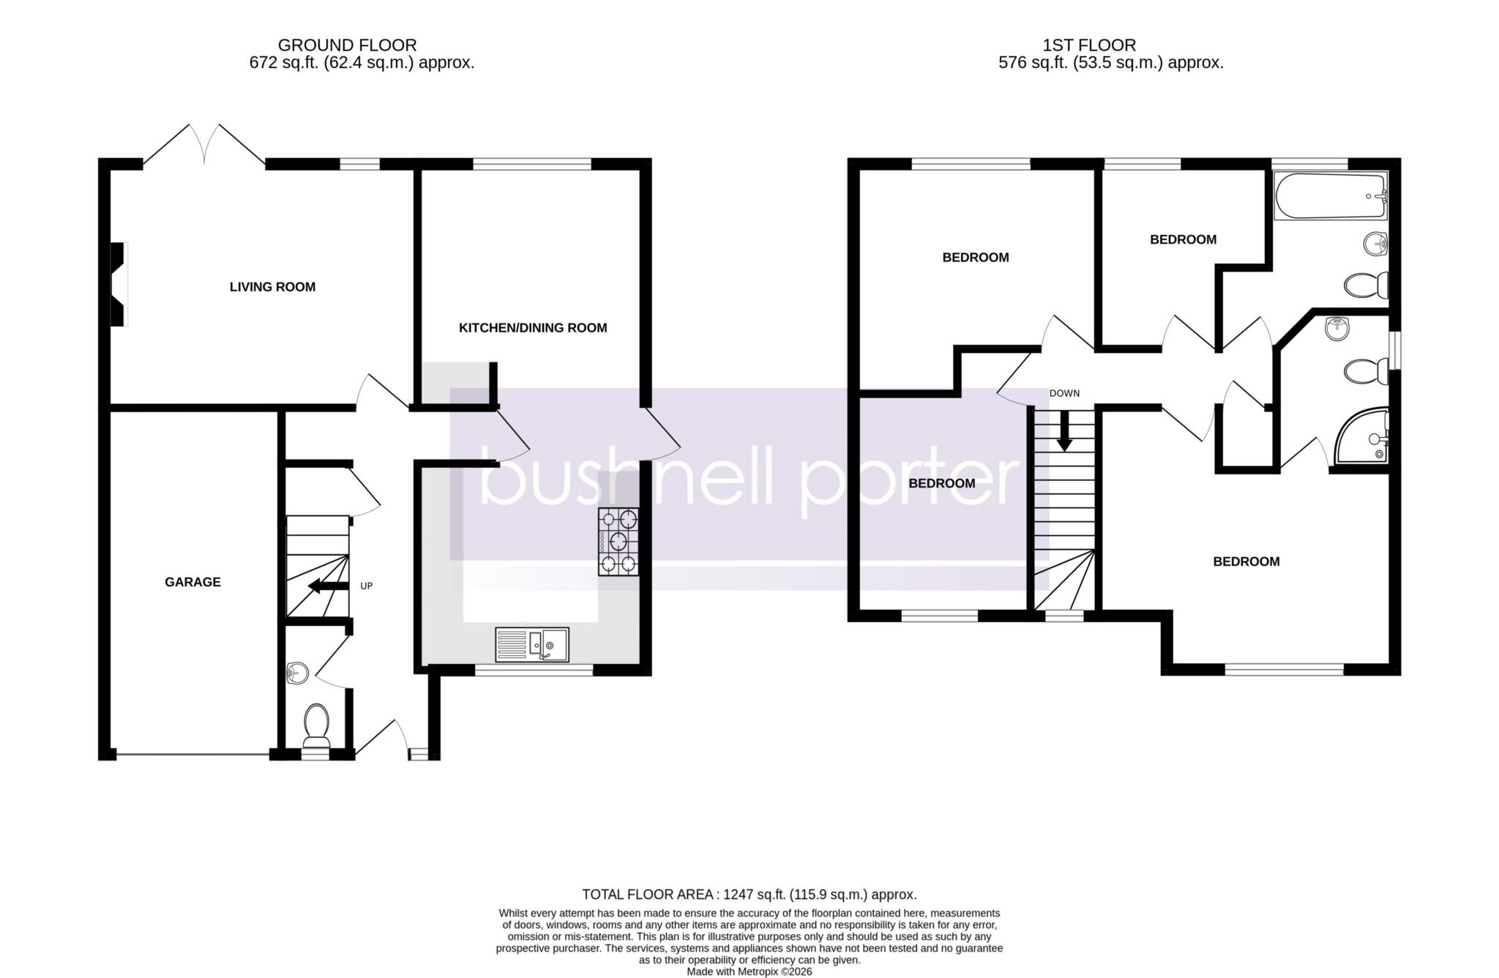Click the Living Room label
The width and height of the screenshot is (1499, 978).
coord(272,287)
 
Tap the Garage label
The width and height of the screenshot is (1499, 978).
coord(192,582)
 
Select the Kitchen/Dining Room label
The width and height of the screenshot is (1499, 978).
coord(533,328)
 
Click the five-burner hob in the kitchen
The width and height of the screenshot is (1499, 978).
coord(618,542)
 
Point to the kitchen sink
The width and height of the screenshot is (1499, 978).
coord(532,645)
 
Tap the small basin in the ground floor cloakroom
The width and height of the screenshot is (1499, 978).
coord(296,671)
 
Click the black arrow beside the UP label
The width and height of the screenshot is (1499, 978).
coord(328,586)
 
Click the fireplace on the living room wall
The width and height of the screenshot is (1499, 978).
coord(119,284)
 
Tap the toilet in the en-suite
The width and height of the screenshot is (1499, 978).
coord(1366,370)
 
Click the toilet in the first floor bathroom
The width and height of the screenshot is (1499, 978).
coord(1367,285)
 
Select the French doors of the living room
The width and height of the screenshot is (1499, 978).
coord(204,145)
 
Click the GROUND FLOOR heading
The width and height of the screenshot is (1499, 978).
coord(348,45)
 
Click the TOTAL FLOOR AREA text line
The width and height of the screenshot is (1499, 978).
coord(749,895)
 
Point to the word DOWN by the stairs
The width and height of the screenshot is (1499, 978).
coord(1064,393)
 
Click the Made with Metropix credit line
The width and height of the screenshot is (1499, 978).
coord(749,971)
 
